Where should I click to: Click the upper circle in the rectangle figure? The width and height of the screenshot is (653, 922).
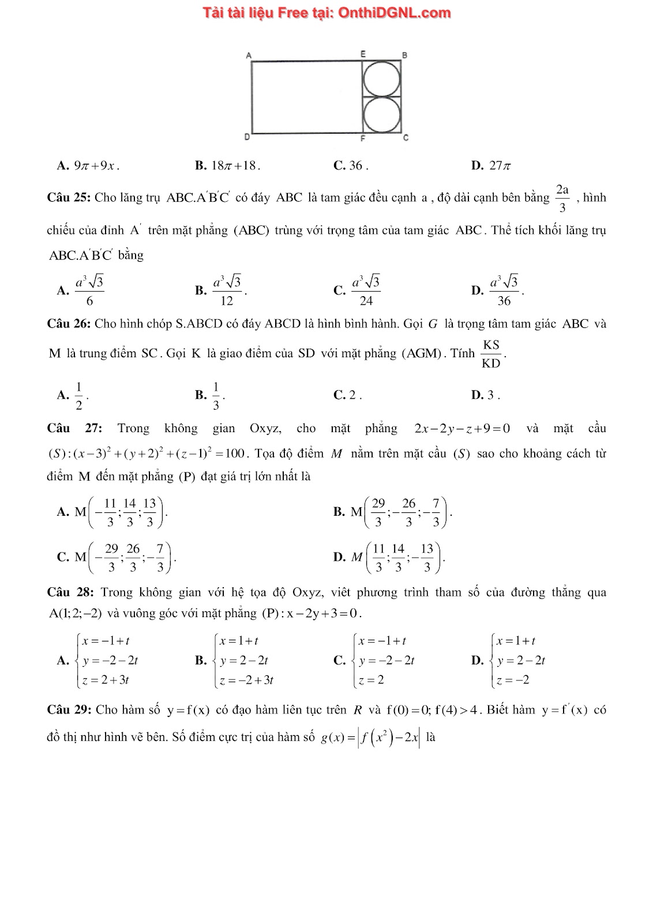point(381,79)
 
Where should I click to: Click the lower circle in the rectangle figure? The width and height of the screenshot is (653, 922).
point(381,115)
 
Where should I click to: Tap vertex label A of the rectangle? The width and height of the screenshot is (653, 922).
point(249,55)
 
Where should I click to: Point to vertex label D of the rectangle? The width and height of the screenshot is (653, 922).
point(247,137)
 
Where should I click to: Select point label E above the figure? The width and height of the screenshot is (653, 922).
point(363,54)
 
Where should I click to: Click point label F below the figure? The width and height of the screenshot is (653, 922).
point(363,138)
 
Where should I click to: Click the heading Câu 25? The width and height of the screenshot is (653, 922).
point(69,198)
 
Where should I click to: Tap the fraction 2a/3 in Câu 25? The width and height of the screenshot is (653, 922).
point(562,198)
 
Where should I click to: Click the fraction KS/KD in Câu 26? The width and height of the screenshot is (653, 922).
point(491,354)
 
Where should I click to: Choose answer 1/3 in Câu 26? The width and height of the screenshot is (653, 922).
point(216,395)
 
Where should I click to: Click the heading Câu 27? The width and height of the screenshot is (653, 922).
point(74,428)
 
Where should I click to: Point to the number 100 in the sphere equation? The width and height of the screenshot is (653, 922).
point(235,454)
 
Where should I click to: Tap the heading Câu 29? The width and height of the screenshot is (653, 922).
point(69,710)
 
